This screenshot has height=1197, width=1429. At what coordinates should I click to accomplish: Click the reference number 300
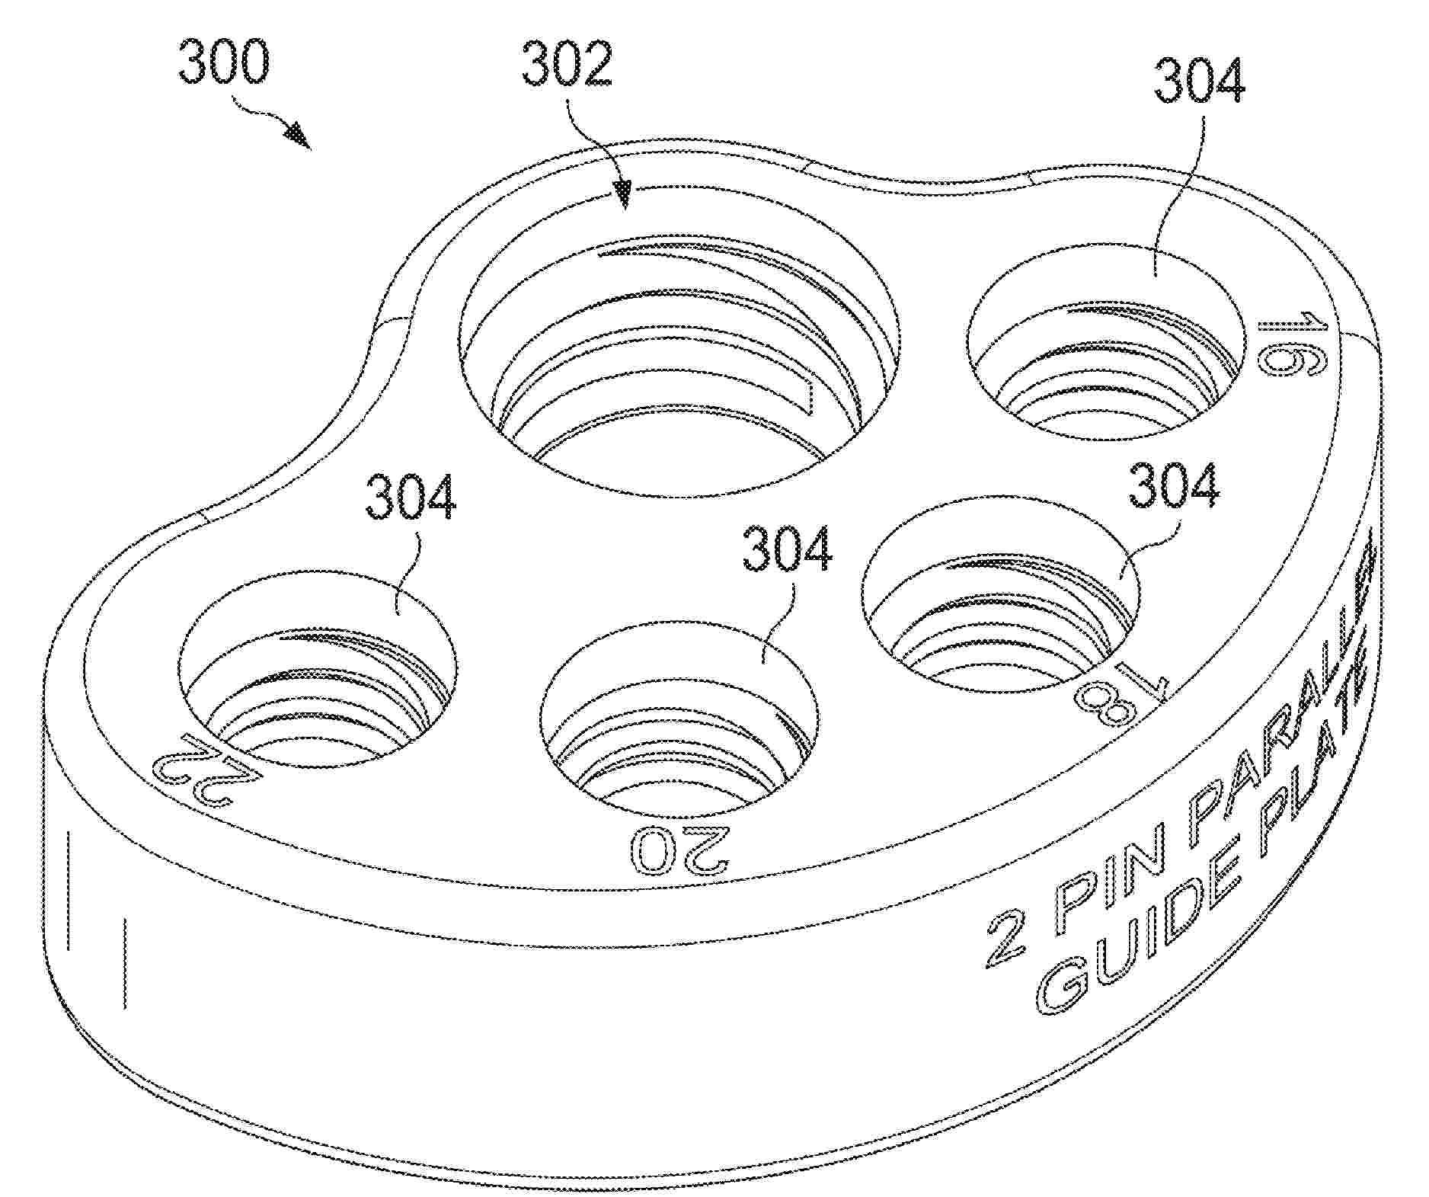coord(223,62)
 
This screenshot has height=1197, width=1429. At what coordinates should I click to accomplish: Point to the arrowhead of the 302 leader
coord(625,194)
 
